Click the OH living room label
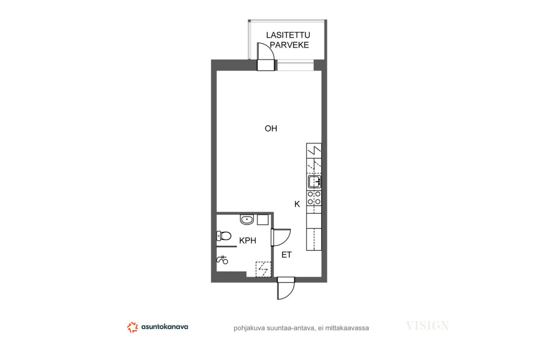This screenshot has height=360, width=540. coord(271,129)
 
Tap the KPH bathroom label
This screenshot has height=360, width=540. coord(247,240)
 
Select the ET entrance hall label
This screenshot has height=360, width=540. coord(286,255)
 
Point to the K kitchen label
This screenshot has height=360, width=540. coord(297,204)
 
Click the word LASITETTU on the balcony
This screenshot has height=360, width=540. coord(288,35)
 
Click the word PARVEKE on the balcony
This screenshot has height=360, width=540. coord(289,45)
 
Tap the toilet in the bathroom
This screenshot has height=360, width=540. coord(224,236)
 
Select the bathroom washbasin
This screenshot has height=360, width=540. coord(247,220)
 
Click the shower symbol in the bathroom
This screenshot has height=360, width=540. coord(222,260)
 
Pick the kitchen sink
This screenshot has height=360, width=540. coord(315,181)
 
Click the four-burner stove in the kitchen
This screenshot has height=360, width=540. coord(314,198)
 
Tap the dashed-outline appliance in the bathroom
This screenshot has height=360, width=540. coord(263,270)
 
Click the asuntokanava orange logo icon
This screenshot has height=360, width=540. coord(132,327)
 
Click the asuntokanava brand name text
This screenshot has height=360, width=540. coord(165,327)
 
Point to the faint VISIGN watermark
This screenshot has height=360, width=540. coord(427,325)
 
